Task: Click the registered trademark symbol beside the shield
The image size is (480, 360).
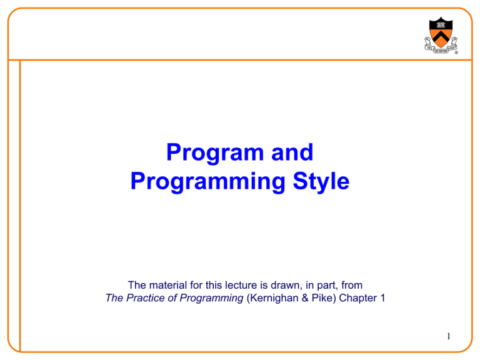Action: (456, 52)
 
